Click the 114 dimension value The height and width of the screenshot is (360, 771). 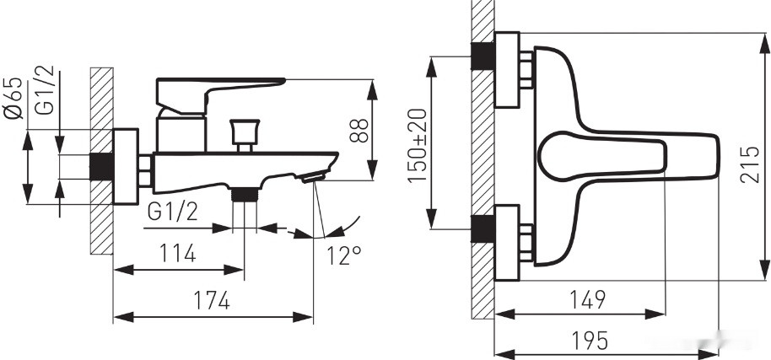pos(177,254)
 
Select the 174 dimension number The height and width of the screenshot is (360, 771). pos(211,300)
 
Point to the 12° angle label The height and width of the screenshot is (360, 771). pos(344,255)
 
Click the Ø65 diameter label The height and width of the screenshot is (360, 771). pos(13,99)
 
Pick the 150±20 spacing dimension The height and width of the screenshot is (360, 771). pos(418,145)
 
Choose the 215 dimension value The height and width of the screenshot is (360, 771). pos(750,164)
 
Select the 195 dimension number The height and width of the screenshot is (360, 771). pos(590,341)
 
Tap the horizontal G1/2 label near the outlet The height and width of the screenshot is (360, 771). pos(173,212)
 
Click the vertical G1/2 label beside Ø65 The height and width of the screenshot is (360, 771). pos(46,90)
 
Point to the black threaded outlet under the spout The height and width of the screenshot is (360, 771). pos(245,195)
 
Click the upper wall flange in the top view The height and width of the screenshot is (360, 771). pos(507,70)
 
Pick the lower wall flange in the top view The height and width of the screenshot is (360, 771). pos(507,243)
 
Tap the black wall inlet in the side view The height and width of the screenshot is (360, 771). pos(102,167)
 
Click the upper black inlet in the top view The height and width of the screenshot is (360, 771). pos(483,56)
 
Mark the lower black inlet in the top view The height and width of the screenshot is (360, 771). pos(483,228)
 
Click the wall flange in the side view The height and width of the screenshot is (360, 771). pos(126,166)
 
